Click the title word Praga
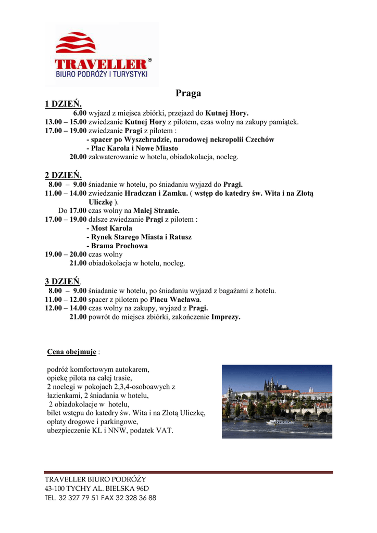pyautogui.click(x=188, y=94)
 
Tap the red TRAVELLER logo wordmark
pyautogui.click(x=101, y=64)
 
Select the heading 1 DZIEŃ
pyautogui.click(x=64, y=104)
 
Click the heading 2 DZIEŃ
pyautogui.click(x=64, y=175)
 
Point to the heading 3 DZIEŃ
pyautogui.click(x=63, y=282)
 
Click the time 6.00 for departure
pyautogui.click(x=80, y=113)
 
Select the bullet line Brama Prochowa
pyautogui.click(x=117, y=246)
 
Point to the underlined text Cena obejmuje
pyautogui.click(x=72, y=352)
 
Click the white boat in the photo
pyautogui.click(x=280, y=421)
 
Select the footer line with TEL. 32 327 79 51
pyautogui.click(x=100, y=498)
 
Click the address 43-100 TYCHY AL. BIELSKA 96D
pyautogui.click(x=97, y=488)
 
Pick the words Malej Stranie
pyautogui.click(x=156, y=210)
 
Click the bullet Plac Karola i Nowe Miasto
pyautogui.click(x=132, y=148)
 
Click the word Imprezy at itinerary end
pyautogui.click(x=225, y=317)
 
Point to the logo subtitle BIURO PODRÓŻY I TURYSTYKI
pyautogui.click(x=102, y=75)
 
